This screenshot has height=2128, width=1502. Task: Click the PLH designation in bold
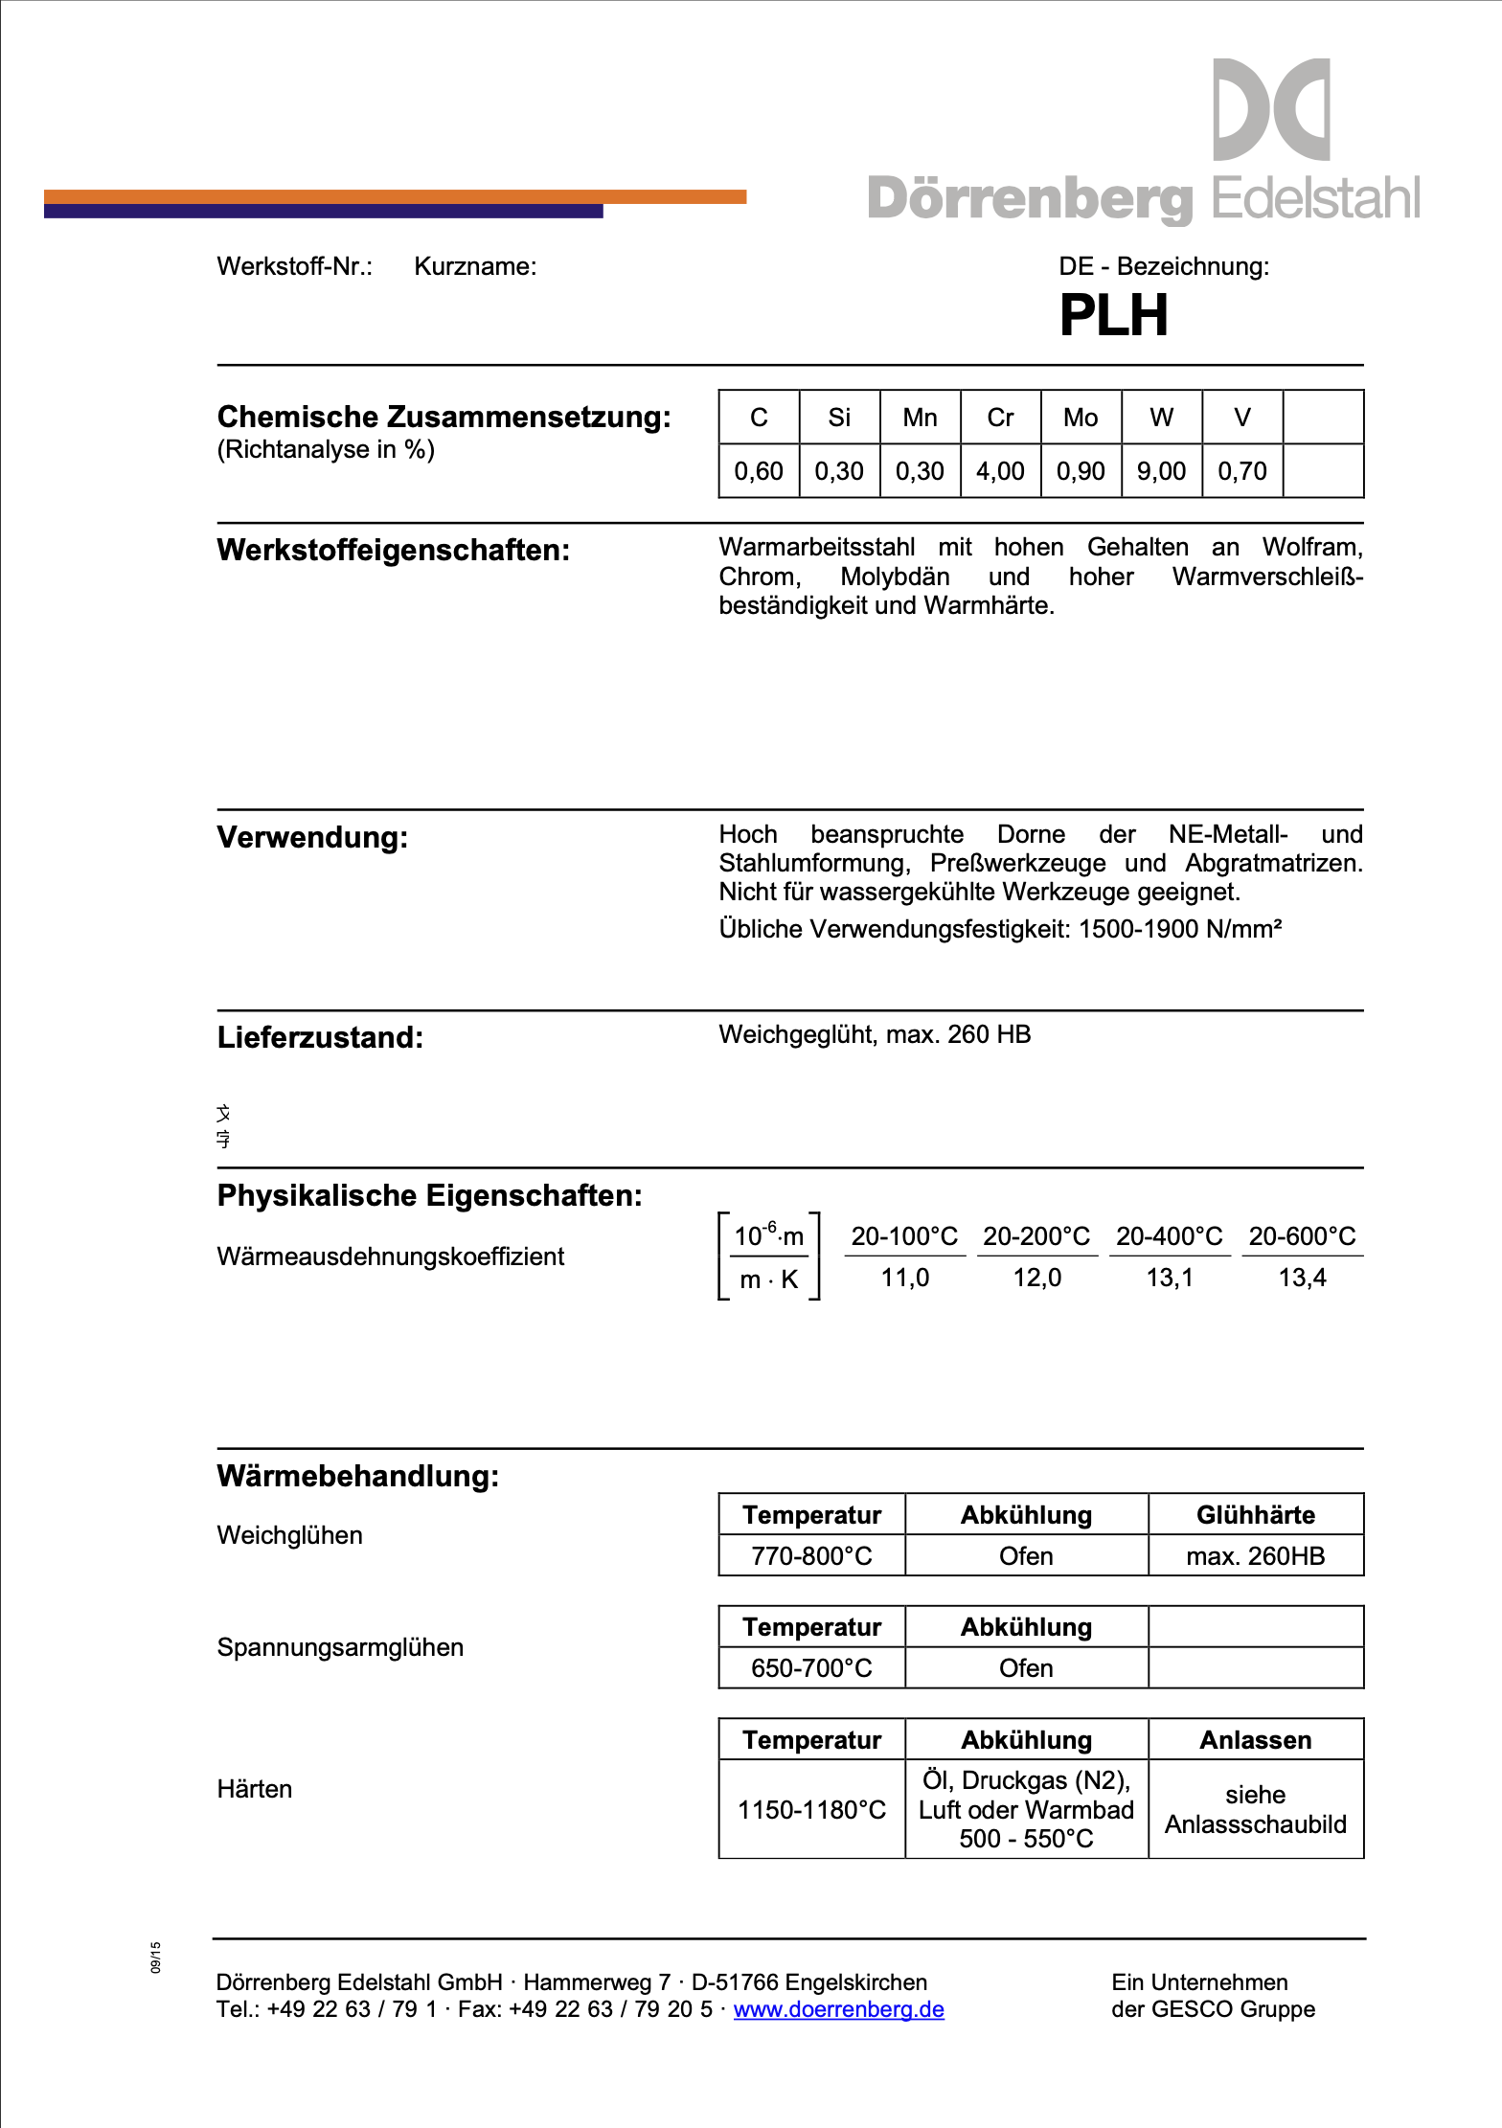(1113, 315)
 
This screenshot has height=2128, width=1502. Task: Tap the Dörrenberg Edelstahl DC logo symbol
(1271, 109)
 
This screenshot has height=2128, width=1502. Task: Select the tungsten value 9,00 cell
(1161, 471)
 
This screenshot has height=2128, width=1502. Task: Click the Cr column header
(1000, 418)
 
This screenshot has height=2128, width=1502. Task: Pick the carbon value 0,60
(759, 471)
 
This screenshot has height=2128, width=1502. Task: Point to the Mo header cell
(1081, 418)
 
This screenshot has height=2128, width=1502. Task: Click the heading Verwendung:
(312, 838)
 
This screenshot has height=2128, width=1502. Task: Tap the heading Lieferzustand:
(320, 1038)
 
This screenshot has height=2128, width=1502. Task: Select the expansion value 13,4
(1302, 1278)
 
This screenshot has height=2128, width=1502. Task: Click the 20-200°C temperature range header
(1036, 1236)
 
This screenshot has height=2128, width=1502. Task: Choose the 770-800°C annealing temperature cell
(811, 1556)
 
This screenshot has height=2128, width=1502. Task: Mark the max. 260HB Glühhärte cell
(1255, 1556)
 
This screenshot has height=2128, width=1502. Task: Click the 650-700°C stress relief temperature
(811, 1668)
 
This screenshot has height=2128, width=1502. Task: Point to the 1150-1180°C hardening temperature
(811, 1810)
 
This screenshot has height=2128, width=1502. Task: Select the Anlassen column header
(1255, 1740)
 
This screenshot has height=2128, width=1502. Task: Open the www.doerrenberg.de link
(838, 2009)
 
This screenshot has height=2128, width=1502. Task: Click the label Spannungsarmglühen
(340, 1648)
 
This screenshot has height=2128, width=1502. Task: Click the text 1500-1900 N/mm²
(1180, 929)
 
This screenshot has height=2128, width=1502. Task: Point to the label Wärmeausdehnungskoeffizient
(390, 1256)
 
